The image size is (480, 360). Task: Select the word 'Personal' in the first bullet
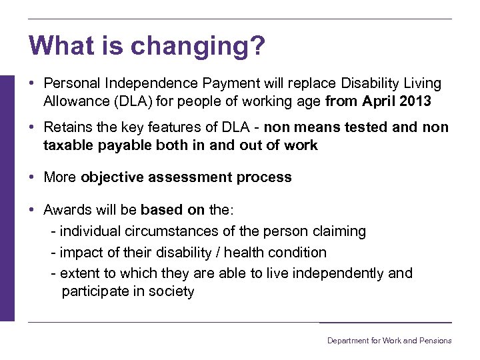point(70,83)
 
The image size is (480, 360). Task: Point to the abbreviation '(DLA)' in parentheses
point(131,102)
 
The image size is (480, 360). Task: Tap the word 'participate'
point(95,292)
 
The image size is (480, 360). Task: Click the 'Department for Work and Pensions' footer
point(389,341)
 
